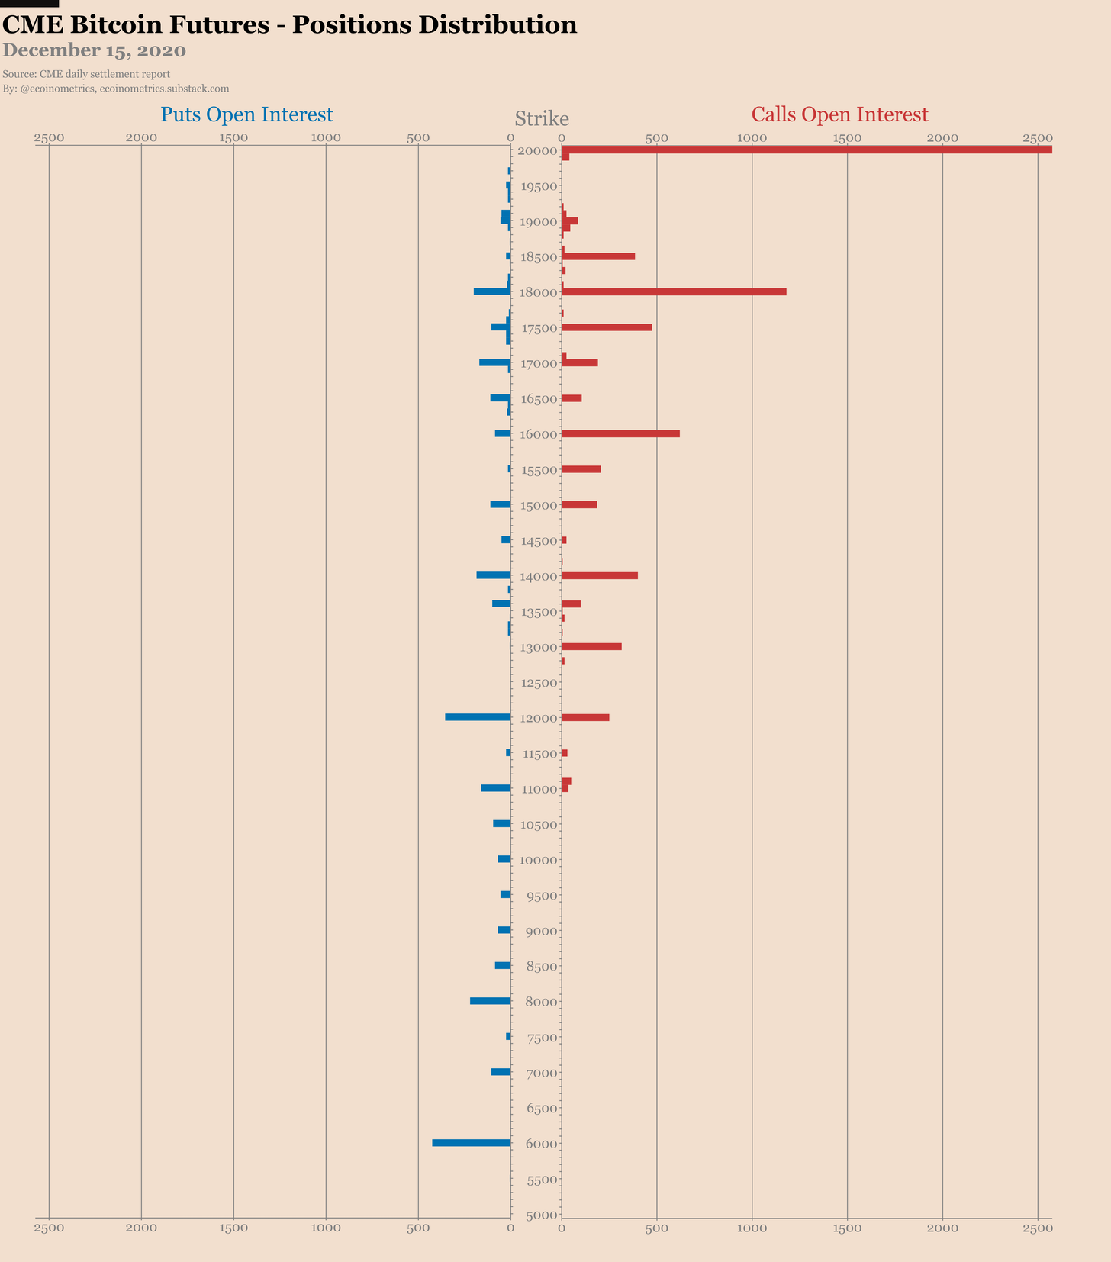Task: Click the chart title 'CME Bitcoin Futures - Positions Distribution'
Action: click(290, 25)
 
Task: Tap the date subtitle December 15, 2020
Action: click(95, 51)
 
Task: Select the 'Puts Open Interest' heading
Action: click(246, 114)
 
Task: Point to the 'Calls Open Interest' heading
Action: click(839, 114)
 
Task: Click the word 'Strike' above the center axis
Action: click(542, 119)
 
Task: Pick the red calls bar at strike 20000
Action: click(807, 150)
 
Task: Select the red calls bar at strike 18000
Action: click(674, 292)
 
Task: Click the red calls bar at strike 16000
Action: click(620, 434)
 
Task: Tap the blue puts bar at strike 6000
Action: click(472, 1143)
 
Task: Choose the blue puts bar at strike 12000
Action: click(478, 717)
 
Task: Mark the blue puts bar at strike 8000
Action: click(490, 1001)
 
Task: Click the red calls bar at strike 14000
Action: click(600, 575)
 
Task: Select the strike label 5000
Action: click(542, 1215)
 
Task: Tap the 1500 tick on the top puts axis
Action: click(233, 138)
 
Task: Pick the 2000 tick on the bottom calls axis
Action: click(942, 1228)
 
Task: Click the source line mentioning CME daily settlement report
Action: click(86, 74)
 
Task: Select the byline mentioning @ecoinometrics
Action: click(116, 89)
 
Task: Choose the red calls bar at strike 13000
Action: click(591, 647)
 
